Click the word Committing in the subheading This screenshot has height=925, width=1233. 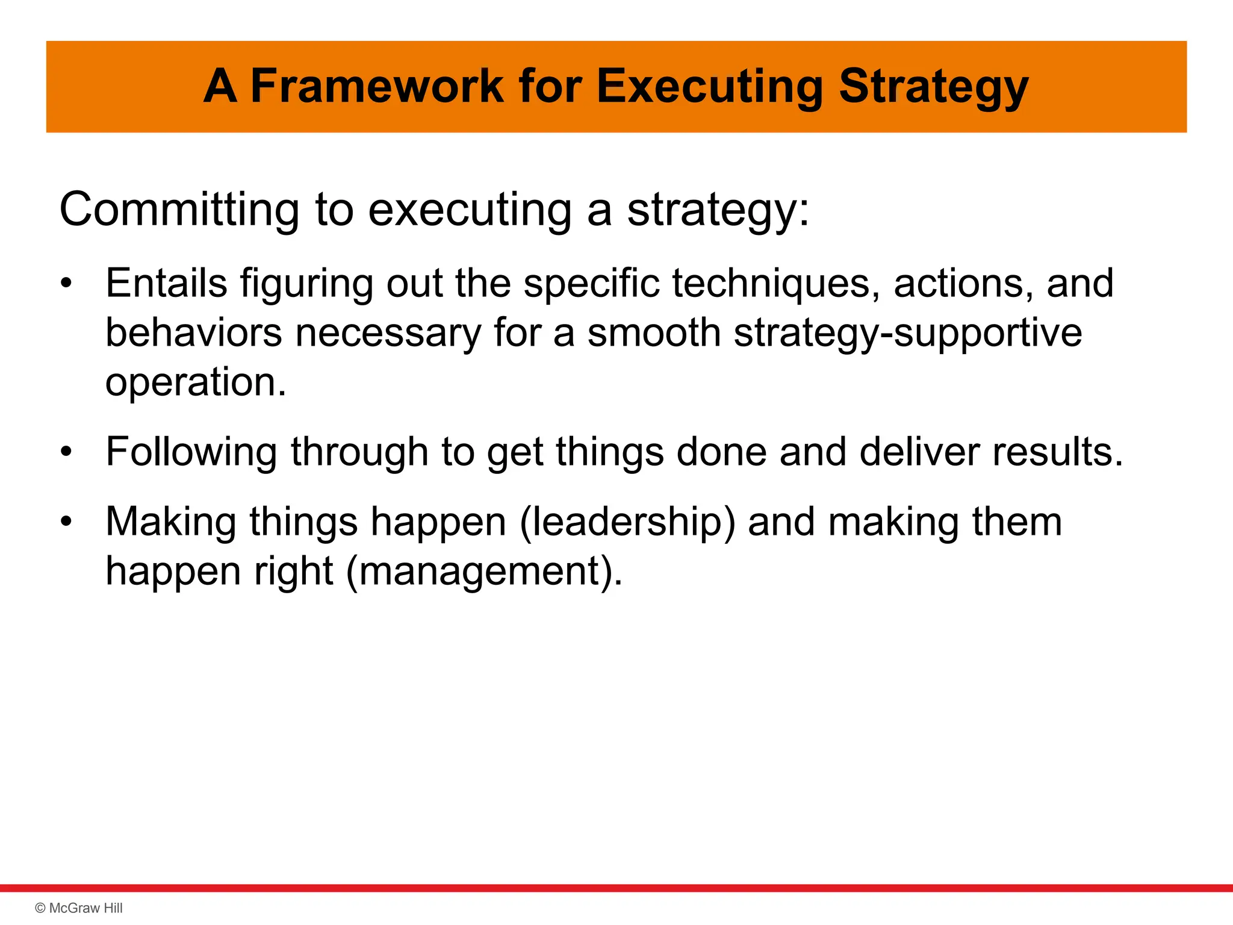pos(179,210)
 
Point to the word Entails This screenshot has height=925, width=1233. pos(166,283)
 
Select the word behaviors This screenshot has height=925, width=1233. pos(193,332)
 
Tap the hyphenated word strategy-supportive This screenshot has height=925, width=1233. pos(907,334)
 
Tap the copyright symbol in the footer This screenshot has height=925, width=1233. pos(40,908)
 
